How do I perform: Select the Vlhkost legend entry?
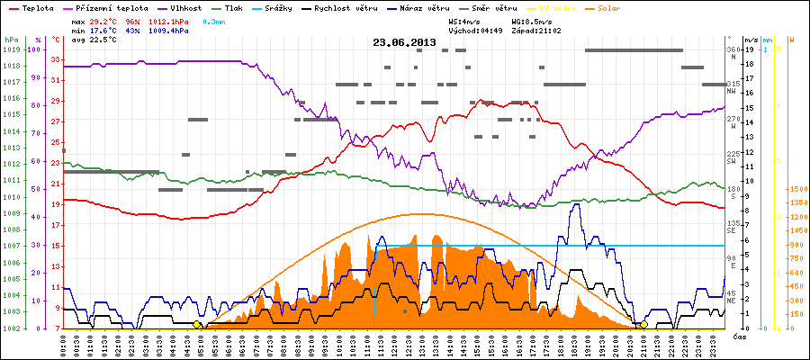point(180,7)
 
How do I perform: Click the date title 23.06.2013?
point(404,41)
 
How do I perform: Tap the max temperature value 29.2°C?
point(103,19)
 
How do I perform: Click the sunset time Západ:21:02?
point(536,30)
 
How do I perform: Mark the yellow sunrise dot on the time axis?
point(197,324)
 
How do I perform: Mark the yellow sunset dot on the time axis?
point(643,324)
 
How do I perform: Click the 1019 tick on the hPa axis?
point(11,49)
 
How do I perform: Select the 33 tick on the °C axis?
point(56,59)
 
